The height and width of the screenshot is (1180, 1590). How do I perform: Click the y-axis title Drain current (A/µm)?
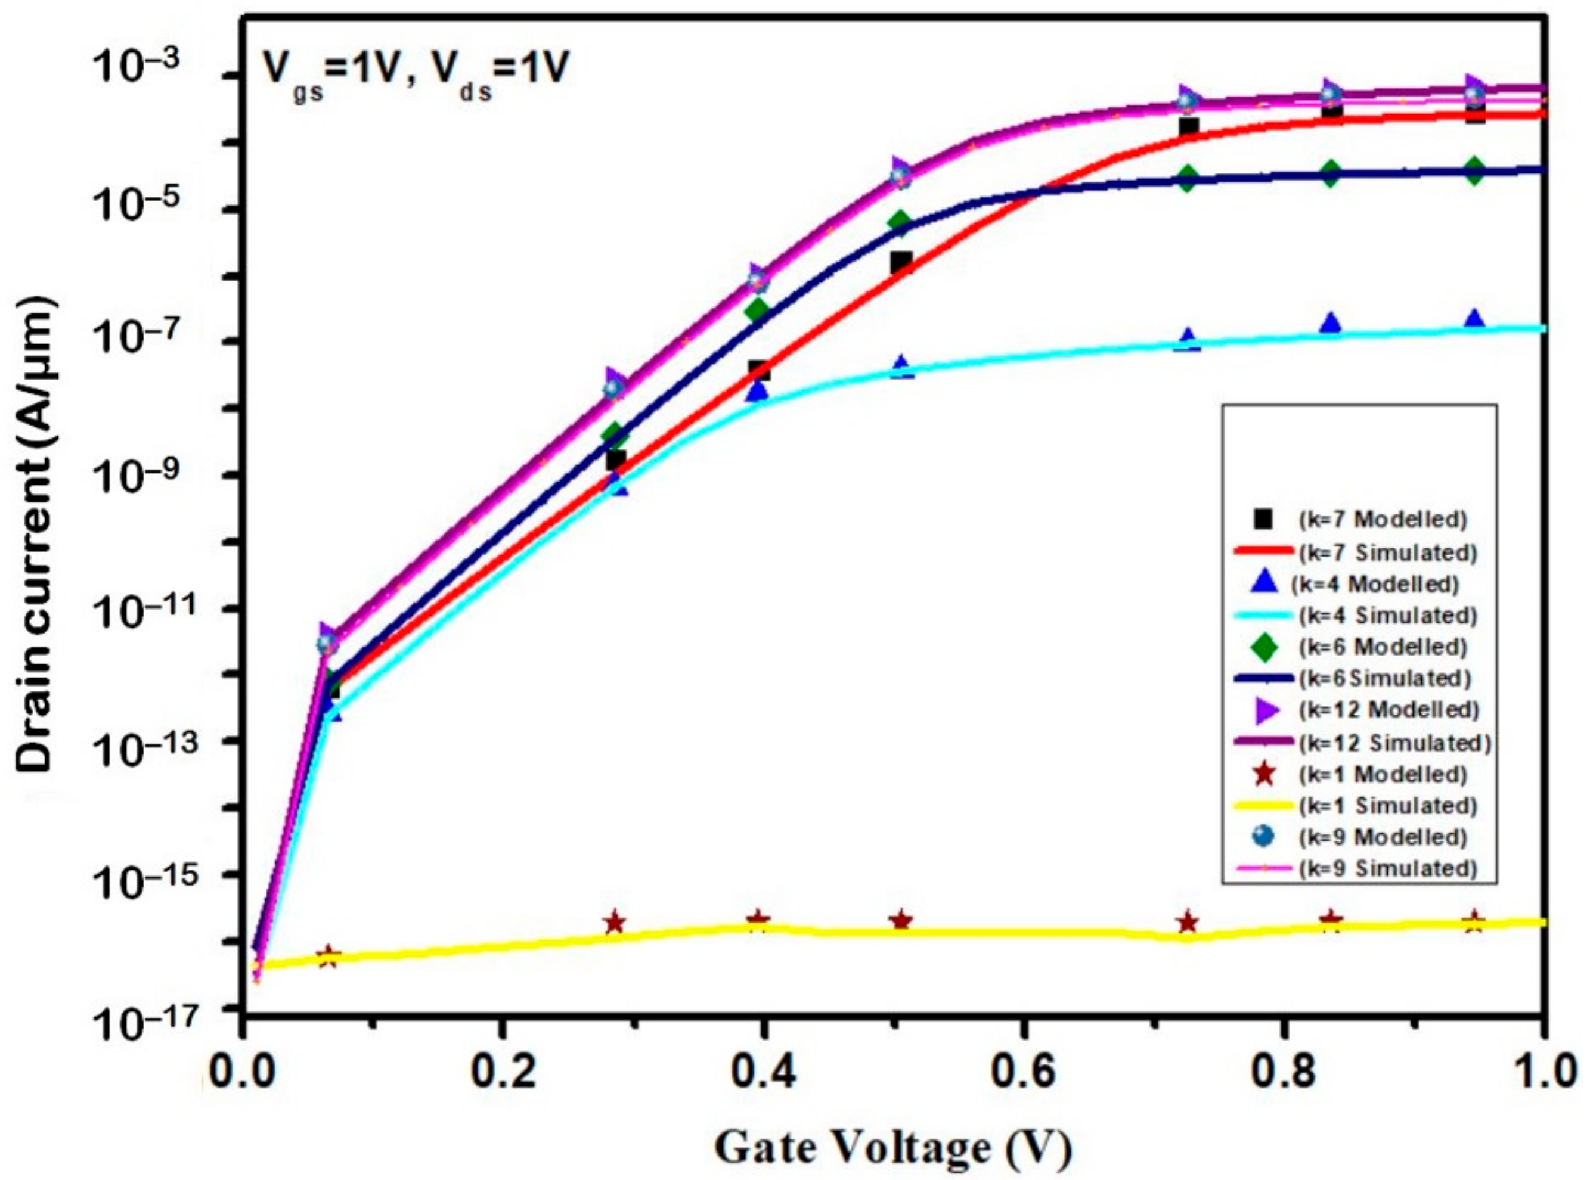coord(36,536)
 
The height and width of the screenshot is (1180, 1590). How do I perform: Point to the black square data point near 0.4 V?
coord(759,370)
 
